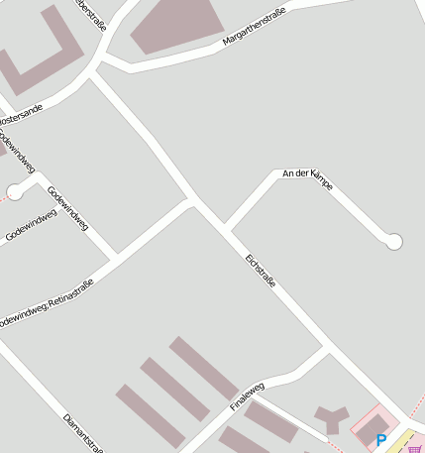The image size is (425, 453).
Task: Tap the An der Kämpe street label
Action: (307, 177)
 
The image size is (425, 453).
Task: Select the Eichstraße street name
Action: (260, 273)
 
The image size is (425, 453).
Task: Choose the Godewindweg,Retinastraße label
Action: (47, 302)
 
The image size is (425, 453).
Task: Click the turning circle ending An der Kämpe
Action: (394, 241)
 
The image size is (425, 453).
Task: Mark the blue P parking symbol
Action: (381, 440)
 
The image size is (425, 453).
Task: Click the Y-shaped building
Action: (330, 417)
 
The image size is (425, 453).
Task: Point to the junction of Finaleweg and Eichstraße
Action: (327, 349)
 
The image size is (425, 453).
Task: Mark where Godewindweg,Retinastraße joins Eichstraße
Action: (190, 202)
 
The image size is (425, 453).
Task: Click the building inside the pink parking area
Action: (373, 429)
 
